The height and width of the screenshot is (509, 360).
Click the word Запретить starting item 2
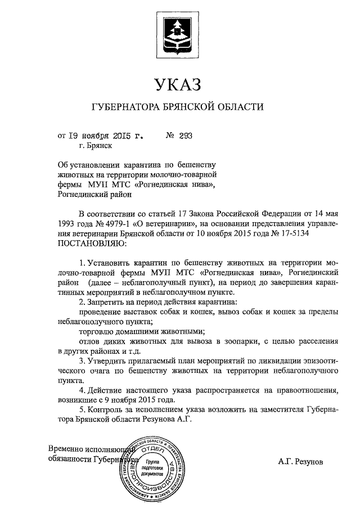[109, 302]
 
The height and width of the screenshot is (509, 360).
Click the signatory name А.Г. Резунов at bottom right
[301, 461]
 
